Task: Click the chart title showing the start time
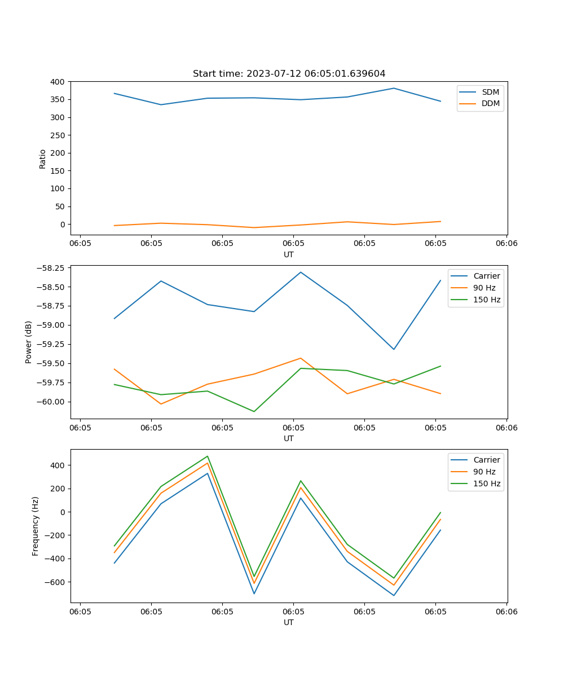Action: click(x=289, y=74)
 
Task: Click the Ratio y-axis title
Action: click(x=43, y=159)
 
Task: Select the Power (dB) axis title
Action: click(x=29, y=342)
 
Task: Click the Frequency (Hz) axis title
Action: click(x=36, y=526)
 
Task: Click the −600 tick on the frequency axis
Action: click(x=55, y=582)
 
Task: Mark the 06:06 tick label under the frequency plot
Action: click(x=506, y=612)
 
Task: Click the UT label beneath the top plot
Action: click(x=289, y=254)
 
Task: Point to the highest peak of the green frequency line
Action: click(x=208, y=456)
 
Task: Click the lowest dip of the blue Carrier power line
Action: click(x=394, y=349)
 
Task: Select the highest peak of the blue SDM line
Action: click(x=394, y=88)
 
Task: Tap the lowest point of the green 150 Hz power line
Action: click(x=254, y=411)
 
